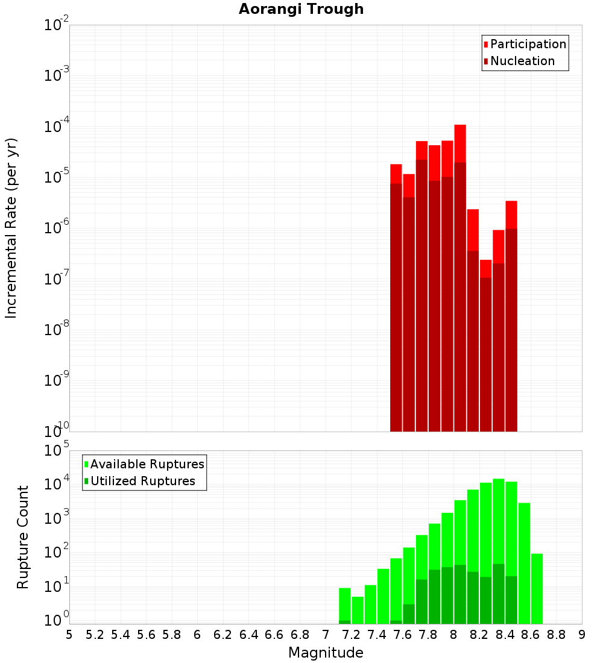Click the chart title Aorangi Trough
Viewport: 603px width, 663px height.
click(x=301, y=9)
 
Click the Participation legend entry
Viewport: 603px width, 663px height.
click(x=528, y=44)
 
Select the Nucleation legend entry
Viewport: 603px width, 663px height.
click(x=522, y=61)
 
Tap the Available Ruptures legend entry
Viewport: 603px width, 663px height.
click(x=147, y=464)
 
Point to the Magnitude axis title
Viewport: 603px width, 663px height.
click(x=326, y=653)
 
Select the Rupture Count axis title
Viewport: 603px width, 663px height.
click(x=23, y=537)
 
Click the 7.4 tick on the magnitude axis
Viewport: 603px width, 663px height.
click(x=377, y=635)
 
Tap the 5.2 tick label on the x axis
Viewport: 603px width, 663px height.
click(x=95, y=635)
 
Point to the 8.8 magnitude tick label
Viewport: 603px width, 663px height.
click(x=556, y=635)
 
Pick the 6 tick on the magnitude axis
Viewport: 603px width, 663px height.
click(x=197, y=635)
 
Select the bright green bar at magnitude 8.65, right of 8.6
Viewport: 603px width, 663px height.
click(x=537, y=588)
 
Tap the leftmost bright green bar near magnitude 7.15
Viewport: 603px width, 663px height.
click(x=345, y=603)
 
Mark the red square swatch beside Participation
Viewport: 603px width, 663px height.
click(x=485, y=45)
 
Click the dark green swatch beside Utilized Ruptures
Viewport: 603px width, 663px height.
click(x=86, y=481)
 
